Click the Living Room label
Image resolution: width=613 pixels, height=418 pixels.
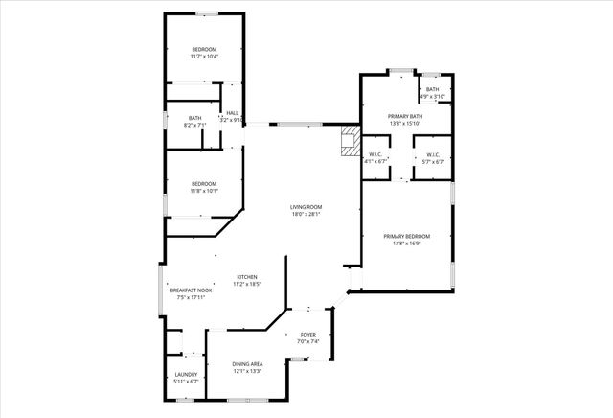pyautogui.click(x=306, y=207)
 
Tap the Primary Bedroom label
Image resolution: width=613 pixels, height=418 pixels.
pyautogui.click(x=406, y=236)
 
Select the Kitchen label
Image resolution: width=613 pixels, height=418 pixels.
pyautogui.click(x=247, y=277)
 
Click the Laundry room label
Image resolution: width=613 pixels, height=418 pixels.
pyautogui.click(x=186, y=374)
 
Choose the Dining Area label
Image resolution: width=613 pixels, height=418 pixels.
pyautogui.click(x=247, y=364)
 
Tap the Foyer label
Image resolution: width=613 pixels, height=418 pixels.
pyautogui.click(x=307, y=334)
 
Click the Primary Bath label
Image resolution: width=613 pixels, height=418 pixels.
pyautogui.click(x=406, y=115)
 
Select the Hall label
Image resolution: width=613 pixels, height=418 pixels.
pyautogui.click(x=232, y=112)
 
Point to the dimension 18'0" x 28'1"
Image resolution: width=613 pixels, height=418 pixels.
pyautogui.click(x=306, y=215)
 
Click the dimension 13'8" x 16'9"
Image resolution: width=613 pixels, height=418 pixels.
pyautogui.click(x=406, y=244)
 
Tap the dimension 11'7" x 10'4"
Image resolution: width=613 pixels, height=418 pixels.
pyautogui.click(x=204, y=57)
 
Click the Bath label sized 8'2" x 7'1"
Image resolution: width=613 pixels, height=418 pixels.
pyautogui.click(x=194, y=118)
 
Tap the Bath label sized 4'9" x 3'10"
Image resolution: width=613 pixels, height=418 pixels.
pyautogui.click(x=433, y=89)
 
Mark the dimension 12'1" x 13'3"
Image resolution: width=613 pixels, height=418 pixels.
pyautogui.click(x=247, y=372)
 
